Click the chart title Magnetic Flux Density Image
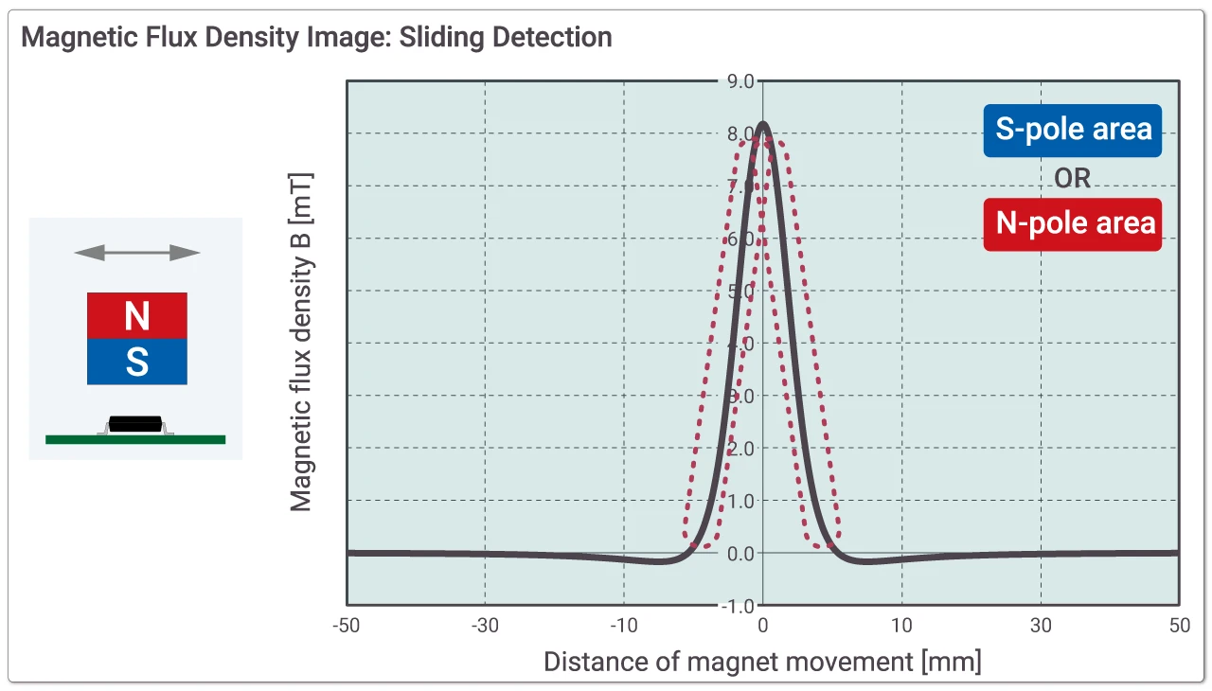point(316,38)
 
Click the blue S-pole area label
point(1073,130)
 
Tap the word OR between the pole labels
point(1073,177)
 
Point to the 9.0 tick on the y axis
point(740,81)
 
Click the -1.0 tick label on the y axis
point(739,605)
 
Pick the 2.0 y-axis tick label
point(740,448)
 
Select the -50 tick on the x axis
point(348,626)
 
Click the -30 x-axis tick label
point(486,626)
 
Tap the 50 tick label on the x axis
point(1179,626)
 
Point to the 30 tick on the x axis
point(1041,626)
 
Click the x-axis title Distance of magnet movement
point(762,661)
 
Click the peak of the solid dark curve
point(763,123)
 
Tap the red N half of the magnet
point(137,315)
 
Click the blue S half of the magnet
point(137,362)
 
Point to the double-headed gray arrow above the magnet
point(137,253)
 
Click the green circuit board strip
point(135,439)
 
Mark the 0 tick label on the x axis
point(763,626)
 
